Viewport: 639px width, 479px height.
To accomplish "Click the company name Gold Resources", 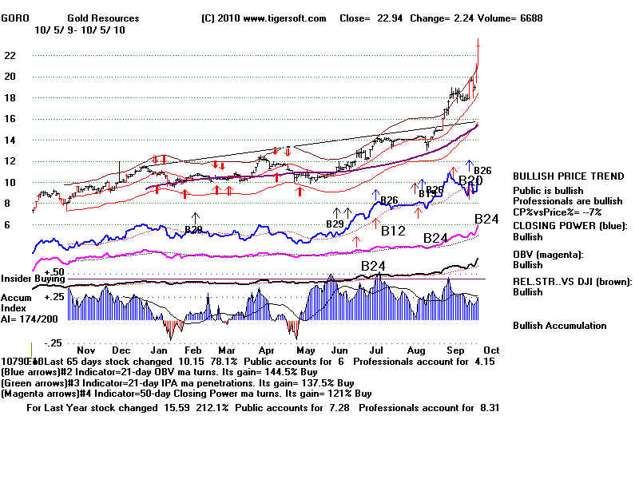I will click(103, 18).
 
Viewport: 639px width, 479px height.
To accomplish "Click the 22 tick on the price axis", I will click(11, 56).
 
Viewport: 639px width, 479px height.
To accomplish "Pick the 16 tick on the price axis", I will click(11, 119).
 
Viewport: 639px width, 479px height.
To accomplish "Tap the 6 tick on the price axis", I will click(8, 225).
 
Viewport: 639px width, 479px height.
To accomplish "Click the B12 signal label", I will click(394, 232).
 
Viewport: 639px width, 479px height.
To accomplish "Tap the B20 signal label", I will click(470, 181).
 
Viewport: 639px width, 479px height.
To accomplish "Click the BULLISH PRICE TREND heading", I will click(568, 176).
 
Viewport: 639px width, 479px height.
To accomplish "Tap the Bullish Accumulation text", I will click(559, 326).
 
